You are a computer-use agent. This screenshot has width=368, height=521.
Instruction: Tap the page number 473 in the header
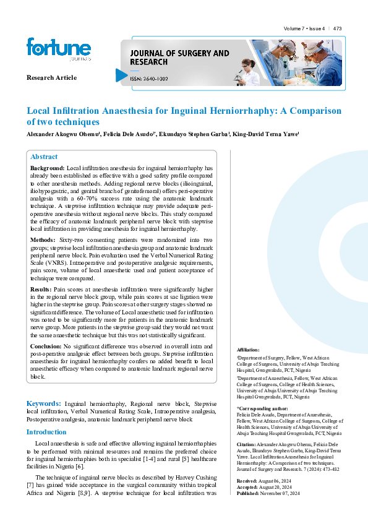(337, 28)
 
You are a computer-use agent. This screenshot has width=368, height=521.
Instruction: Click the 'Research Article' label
(51, 77)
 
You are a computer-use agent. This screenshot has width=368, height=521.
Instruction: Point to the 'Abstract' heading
(44, 157)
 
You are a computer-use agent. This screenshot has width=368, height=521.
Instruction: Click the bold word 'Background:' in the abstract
(47, 168)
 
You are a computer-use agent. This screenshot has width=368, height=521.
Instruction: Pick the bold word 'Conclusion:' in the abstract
(46, 347)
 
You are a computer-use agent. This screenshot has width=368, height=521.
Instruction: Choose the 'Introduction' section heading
(46, 432)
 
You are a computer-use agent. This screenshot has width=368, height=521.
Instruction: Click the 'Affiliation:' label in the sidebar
(249, 350)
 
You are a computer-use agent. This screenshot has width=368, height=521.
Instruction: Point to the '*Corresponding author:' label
(263, 409)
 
